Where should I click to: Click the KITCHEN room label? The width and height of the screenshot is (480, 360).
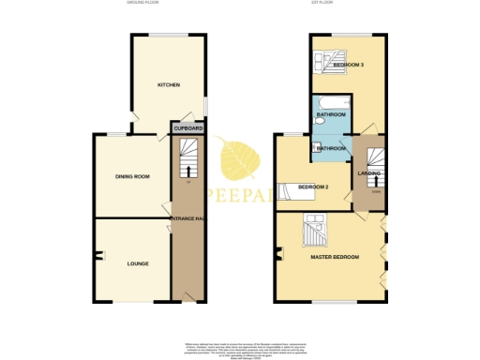click(x=169, y=85)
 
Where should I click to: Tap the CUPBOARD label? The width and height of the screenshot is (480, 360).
click(x=182, y=127)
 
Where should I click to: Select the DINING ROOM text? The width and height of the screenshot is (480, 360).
click(x=132, y=176)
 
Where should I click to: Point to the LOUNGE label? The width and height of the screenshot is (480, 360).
click(x=138, y=263)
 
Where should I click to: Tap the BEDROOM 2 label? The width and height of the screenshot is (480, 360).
click(x=312, y=187)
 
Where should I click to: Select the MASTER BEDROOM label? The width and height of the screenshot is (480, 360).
click(x=335, y=256)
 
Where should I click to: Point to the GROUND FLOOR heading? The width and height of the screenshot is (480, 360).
click(x=143, y=5)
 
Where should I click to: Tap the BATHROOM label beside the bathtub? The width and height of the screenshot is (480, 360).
click(x=332, y=115)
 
